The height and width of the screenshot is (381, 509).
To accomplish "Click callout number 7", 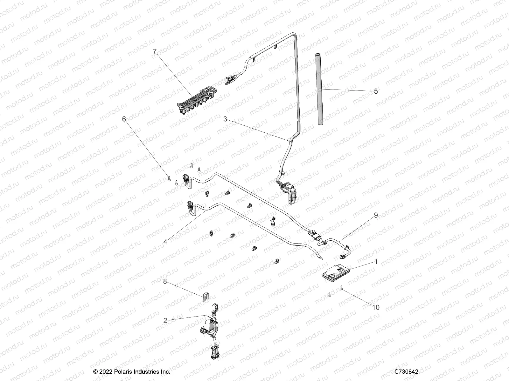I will [155, 51].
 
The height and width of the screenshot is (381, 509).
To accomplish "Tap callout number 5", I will [376, 91].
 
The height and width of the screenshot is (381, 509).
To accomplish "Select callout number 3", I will [225, 119].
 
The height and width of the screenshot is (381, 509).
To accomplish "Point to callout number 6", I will [124, 119].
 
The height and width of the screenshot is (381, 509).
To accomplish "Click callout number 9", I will [376, 215].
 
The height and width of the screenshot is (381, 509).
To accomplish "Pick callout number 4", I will [165, 242].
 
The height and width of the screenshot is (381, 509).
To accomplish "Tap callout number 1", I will [376, 262].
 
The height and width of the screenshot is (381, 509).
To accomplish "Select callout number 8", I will [165, 281].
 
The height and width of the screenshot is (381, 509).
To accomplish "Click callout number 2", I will [165, 320].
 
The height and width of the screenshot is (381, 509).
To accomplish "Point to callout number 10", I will [376, 307].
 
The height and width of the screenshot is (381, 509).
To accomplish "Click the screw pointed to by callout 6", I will [169, 178].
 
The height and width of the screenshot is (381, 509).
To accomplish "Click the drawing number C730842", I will [406, 371].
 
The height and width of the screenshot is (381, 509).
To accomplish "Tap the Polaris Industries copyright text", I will [132, 371].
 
